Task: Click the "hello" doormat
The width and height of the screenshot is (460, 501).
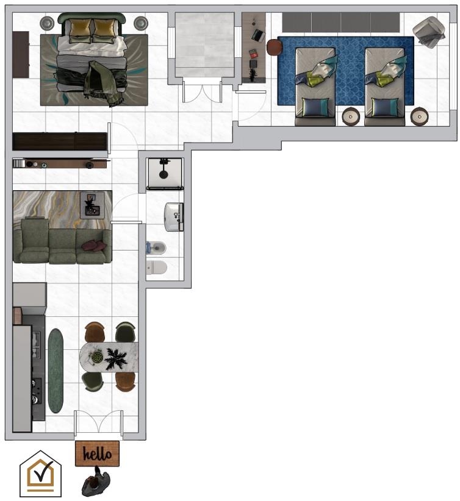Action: pyautogui.click(x=97, y=453)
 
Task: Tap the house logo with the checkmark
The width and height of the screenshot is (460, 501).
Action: pyautogui.click(x=41, y=474)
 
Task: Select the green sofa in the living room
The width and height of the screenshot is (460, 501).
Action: pyautogui.click(x=62, y=241)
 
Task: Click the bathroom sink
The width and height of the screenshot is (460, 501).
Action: pyautogui.click(x=174, y=216)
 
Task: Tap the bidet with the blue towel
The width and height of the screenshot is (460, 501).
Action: pyautogui.click(x=156, y=247)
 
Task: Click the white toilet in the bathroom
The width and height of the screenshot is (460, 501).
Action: pyautogui.click(x=156, y=268)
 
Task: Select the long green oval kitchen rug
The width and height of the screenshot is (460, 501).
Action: pyautogui.click(x=56, y=371)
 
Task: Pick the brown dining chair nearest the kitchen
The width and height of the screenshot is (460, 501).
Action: pyautogui.click(x=95, y=332)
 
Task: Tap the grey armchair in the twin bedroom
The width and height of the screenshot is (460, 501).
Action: pyautogui.click(x=429, y=32)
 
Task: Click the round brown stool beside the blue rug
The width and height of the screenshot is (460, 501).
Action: pyautogui.click(x=275, y=48)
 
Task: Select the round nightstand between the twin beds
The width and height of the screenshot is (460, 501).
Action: pyautogui.click(x=351, y=116)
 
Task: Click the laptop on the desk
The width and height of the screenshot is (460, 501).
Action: pyautogui.click(x=258, y=35)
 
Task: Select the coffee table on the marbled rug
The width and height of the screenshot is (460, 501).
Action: pyautogui.click(x=92, y=205)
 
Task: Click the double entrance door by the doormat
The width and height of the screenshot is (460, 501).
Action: pyautogui.click(x=98, y=423)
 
